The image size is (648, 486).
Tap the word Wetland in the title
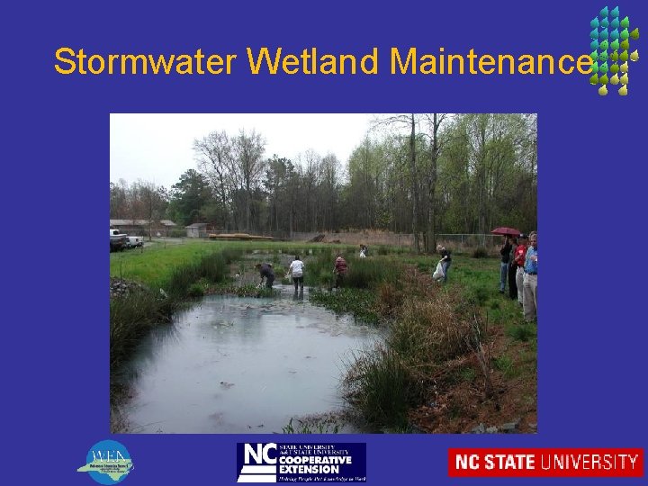(x=315, y=62)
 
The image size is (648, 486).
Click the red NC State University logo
(x=545, y=463)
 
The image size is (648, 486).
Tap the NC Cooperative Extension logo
(x=301, y=462)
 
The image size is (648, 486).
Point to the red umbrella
(x=506, y=231)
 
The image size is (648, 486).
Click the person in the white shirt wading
(x=297, y=272)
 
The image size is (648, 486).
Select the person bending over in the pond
(x=265, y=274)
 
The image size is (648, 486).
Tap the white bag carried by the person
(x=438, y=270)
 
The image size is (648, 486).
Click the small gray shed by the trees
(x=196, y=230)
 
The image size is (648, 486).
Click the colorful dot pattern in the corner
(x=614, y=49)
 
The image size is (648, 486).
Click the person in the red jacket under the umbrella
(x=519, y=265)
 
